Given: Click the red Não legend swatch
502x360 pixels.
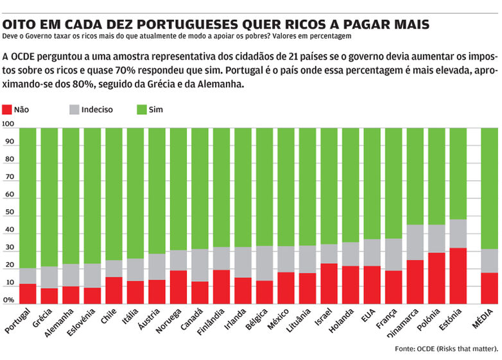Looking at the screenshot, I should (8, 110).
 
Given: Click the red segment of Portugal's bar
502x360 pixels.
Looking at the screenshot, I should (28, 293).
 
